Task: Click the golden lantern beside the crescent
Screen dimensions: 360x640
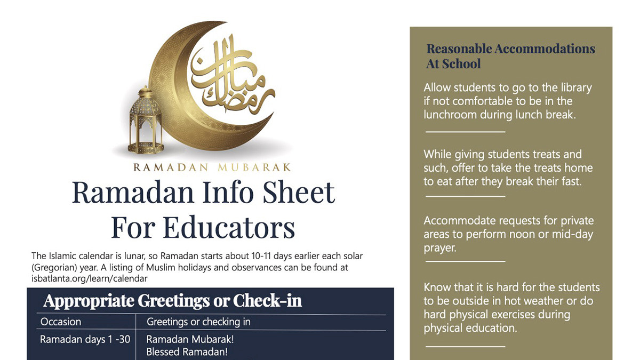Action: tap(145, 122)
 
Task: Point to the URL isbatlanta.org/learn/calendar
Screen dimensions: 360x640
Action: tap(90, 278)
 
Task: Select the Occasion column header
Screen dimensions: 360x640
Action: tap(61, 322)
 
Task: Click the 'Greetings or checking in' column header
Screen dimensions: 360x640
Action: tap(198, 322)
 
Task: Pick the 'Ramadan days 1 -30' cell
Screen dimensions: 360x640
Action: tap(85, 339)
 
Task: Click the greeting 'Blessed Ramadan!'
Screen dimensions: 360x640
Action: tap(187, 352)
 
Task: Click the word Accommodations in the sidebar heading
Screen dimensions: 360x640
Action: tap(545, 49)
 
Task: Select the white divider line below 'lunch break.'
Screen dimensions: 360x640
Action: tap(465, 131)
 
